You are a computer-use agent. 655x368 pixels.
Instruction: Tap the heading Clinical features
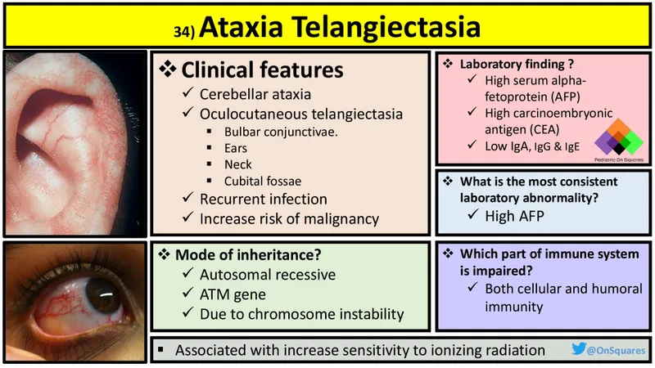click(261, 70)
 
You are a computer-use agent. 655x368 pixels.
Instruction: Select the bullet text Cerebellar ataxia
click(255, 94)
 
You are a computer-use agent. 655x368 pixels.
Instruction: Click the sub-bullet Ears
click(237, 148)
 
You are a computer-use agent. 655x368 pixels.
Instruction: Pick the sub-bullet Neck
click(238, 164)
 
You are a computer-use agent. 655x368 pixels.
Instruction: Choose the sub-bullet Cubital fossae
click(263, 180)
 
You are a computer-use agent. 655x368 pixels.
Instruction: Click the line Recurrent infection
click(263, 199)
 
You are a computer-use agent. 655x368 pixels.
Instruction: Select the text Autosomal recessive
click(268, 275)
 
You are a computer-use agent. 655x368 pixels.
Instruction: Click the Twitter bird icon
click(579, 350)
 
